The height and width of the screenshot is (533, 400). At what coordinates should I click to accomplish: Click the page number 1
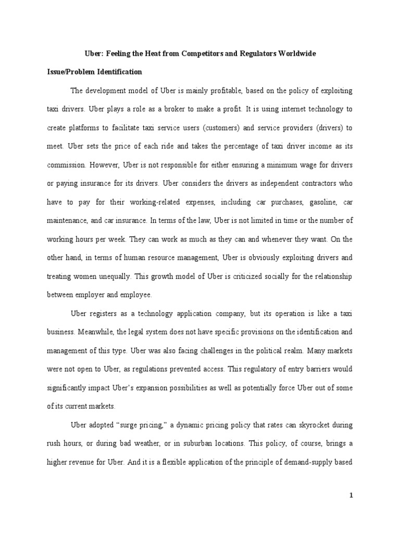pos(351,496)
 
